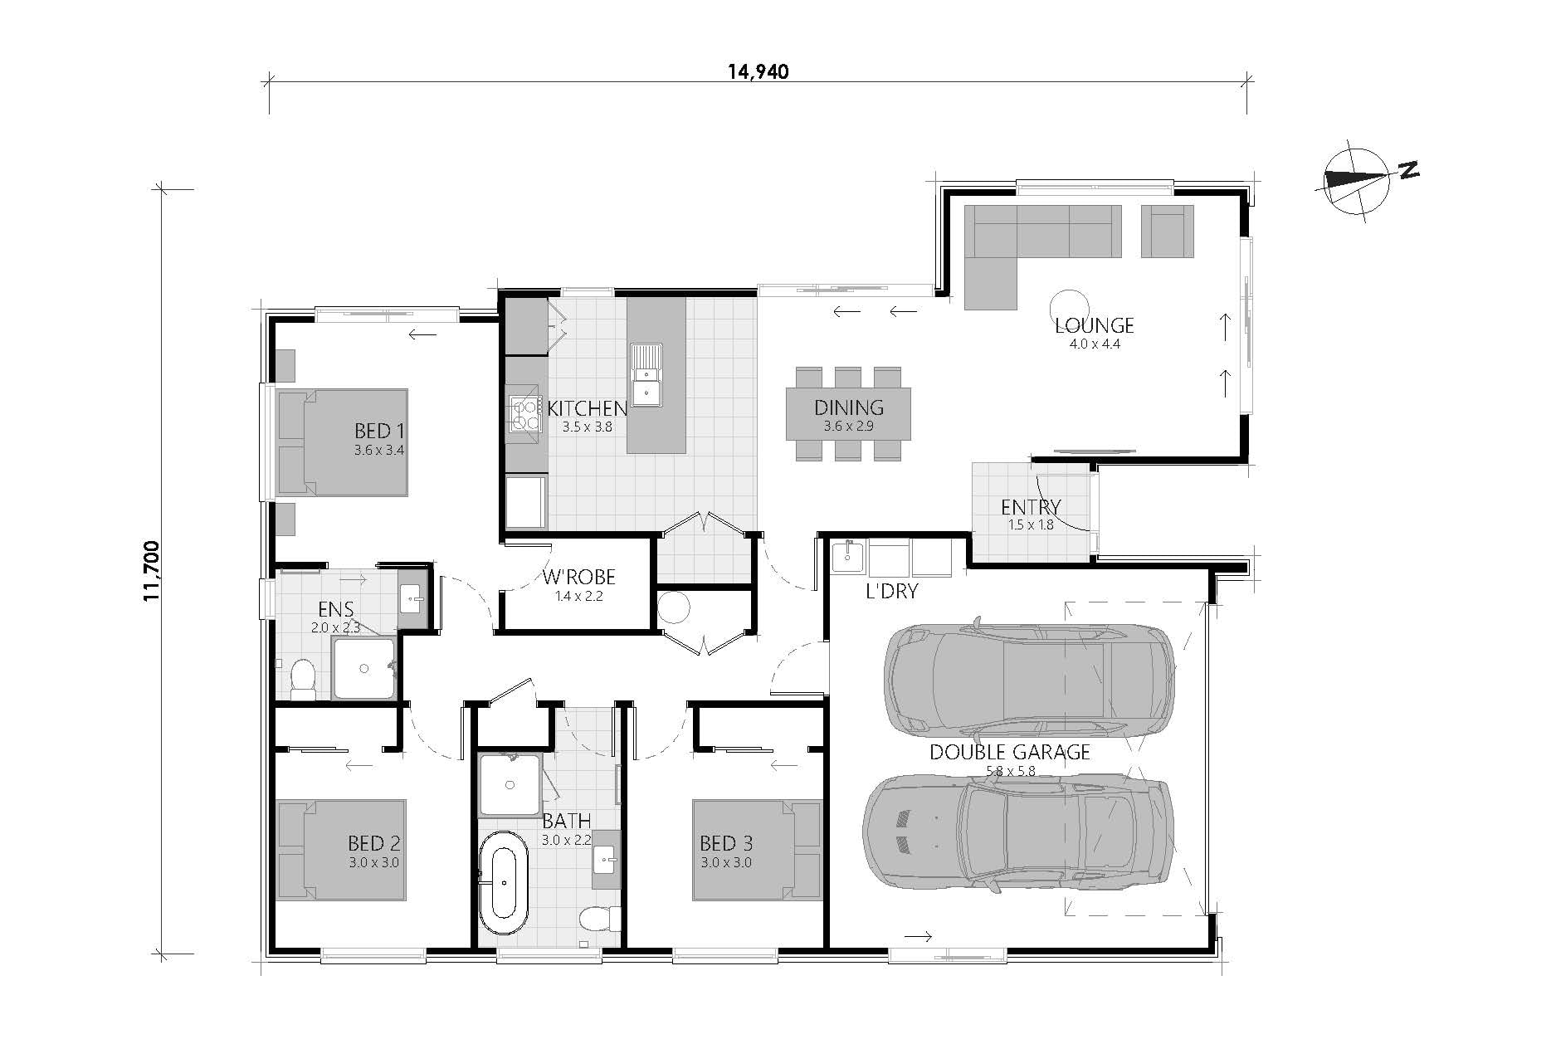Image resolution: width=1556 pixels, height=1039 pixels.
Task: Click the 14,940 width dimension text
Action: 758,71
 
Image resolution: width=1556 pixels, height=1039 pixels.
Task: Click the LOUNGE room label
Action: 1094,325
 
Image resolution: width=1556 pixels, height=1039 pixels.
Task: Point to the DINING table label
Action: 848,407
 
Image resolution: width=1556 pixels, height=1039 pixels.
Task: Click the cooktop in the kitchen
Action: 524,415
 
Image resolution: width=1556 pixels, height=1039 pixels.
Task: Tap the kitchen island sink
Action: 645,374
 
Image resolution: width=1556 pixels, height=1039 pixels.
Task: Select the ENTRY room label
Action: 1031,507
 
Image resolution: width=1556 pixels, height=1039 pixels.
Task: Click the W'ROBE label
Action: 579,578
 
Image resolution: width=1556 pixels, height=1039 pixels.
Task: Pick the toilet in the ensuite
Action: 303,677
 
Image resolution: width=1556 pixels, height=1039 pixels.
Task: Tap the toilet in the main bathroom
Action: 599,919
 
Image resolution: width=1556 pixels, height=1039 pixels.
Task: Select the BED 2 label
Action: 373,844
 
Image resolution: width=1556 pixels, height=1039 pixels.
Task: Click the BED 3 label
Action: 726,844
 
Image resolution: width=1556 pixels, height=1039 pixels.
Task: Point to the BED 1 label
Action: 378,431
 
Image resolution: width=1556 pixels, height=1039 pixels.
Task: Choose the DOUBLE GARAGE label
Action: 1009,753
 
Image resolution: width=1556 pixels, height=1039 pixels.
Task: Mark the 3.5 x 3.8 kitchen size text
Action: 587,427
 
